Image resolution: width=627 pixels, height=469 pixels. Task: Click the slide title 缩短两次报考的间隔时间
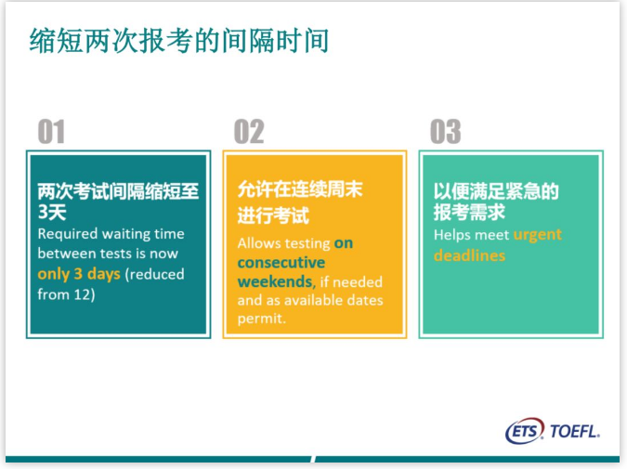pyautogui.click(x=178, y=41)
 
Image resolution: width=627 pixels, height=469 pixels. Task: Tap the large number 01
pyautogui.click(x=51, y=132)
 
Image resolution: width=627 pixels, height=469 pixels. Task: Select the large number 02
pyautogui.click(x=249, y=132)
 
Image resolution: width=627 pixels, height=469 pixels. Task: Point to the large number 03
pyautogui.click(x=446, y=132)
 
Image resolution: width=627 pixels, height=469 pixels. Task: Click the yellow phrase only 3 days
pyautogui.click(x=79, y=274)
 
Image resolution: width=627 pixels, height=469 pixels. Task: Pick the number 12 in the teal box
pyautogui.click(x=83, y=294)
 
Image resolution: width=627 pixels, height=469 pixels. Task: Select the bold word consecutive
pyautogui.click(x=281, y=263)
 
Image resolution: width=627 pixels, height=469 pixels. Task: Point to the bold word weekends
pyautogui.click(x=275, y=281)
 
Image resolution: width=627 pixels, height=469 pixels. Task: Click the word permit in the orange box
pyautogui.click(x=261, y=319)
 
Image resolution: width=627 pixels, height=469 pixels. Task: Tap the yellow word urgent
pyautogui.click(x=538, y=235)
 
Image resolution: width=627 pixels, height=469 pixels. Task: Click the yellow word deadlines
pyautogui.click(x=469, y=255)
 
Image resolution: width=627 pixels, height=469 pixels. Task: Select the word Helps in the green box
pyautogui.click(x=451, y=235)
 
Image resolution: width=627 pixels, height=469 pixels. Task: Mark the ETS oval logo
pyautogui.click(x=525, y=431)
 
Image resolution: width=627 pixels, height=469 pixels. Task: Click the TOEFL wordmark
pyautogui.click(x=575, y=432)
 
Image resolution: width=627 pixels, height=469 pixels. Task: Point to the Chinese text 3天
pyautogui.click(x=52, y=212)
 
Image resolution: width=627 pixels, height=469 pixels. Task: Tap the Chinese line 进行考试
pyautogui.click(x=273, y=215)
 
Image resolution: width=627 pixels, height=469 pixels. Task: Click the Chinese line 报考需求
pyautogui.click(x=469, y=212)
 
